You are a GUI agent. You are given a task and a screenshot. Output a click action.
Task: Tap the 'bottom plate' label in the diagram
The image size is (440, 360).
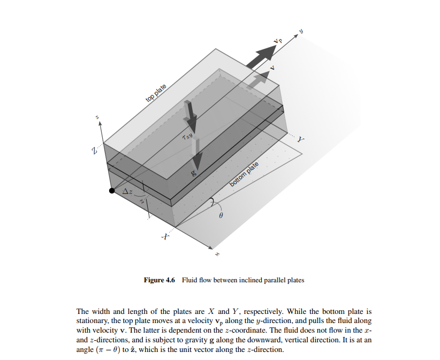[x=244, y=174]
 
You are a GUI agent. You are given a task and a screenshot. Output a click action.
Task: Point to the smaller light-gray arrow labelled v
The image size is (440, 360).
[x=260, y=79]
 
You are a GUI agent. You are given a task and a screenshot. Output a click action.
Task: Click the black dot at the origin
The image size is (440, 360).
[x=112, y=190]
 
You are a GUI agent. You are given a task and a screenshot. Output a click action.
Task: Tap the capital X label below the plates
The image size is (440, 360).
[x=166, y=236]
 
